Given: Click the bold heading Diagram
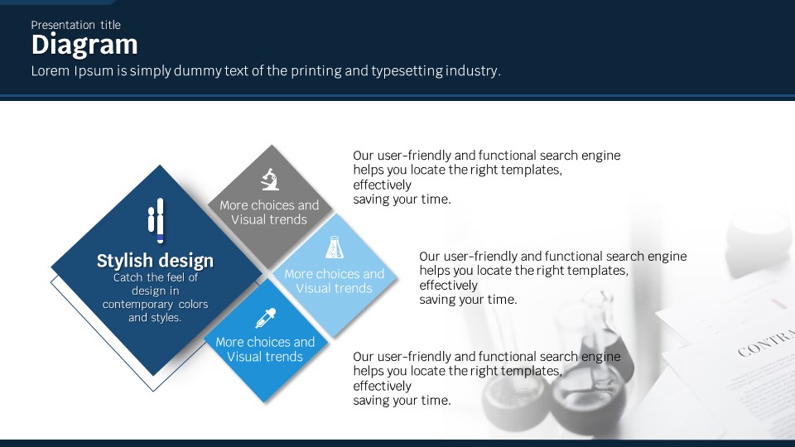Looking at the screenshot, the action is pos(84,46).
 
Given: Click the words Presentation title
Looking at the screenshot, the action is pos(75,25).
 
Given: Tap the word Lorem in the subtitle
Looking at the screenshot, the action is pos(51,70).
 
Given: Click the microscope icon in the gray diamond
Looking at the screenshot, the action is pos(270,179).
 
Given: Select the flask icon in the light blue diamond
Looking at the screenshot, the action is pos(334,247).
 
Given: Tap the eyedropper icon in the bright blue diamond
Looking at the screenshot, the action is pos(266,318).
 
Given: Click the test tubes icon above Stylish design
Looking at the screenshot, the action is pos(157,220).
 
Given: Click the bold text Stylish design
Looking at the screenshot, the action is pos(155,261).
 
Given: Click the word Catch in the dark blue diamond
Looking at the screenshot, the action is pos(128,277).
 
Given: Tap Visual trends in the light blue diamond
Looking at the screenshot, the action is pos(334,288).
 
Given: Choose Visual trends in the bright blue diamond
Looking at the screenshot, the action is pos(265,357).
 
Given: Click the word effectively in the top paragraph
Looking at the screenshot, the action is pos(383,185).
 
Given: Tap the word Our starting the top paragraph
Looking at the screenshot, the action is pos(363,156).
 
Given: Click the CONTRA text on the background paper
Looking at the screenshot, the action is pos(766,343).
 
